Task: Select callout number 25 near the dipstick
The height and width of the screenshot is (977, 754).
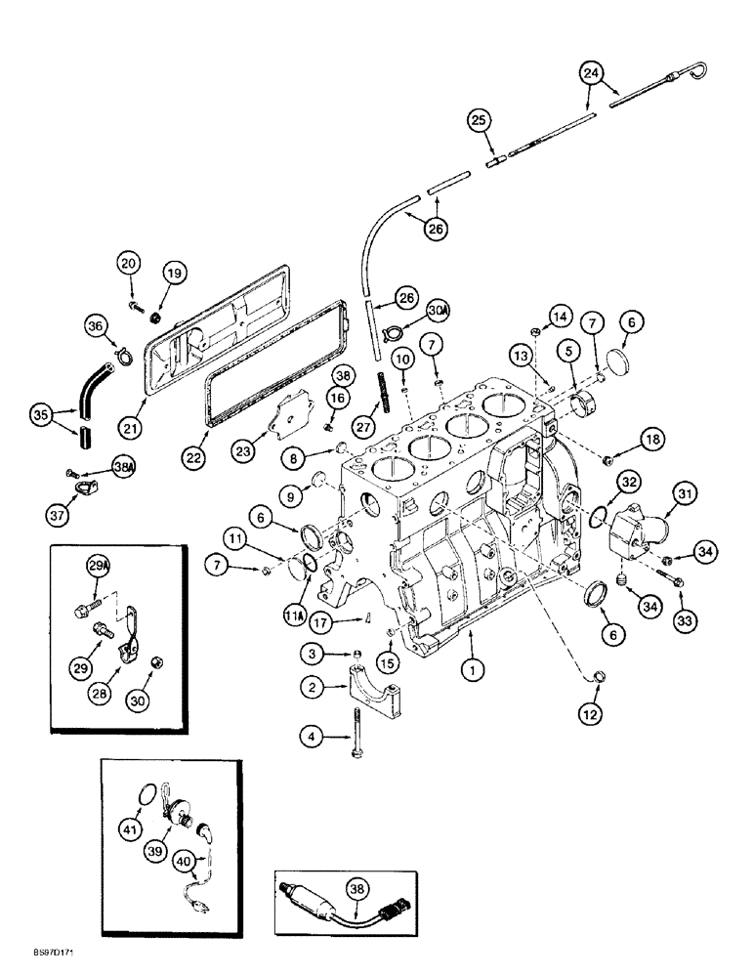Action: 479,121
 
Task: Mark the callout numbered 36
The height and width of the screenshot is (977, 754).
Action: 95,328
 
